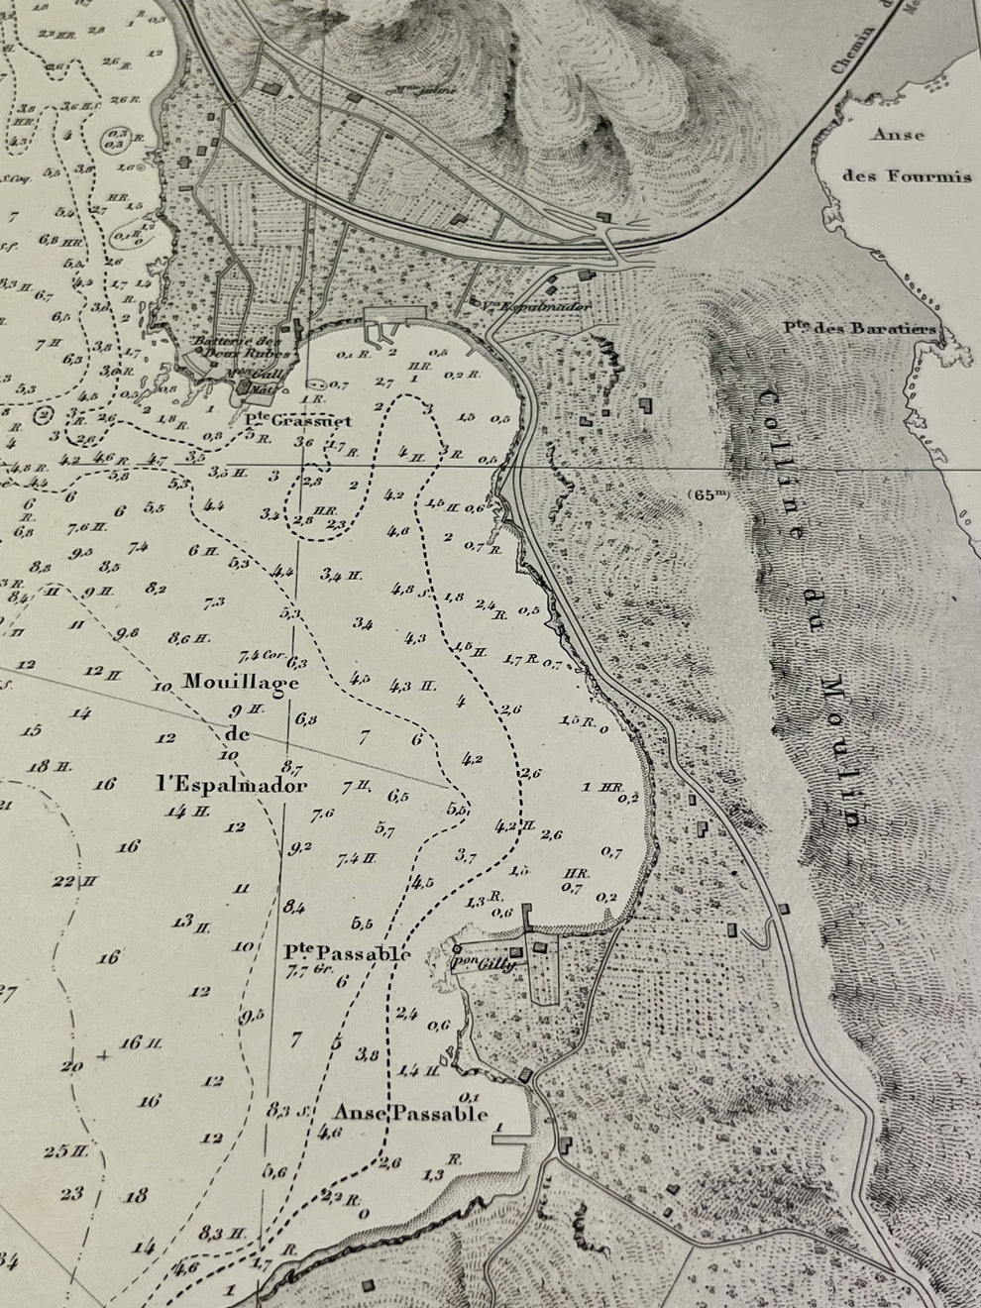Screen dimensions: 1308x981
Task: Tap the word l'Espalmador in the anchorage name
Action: tap(231, 786)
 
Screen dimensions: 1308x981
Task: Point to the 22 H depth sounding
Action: tap(73, 880)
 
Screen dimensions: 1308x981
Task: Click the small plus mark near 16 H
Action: tap(104, 1057)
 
